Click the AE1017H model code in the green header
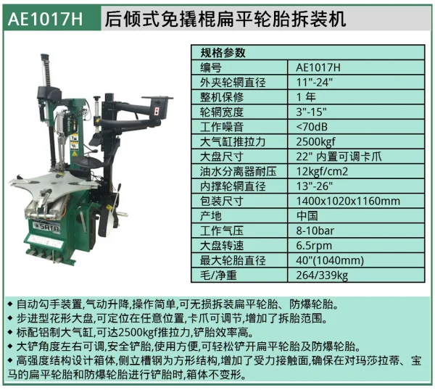click(x=45, y=19)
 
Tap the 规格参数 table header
click(x=223, y=52)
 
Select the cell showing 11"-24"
click(x=314, y=83)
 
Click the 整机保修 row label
click(x=222, y=97)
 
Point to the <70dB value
click(x=312, y=127)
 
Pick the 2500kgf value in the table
click(x=315, y=142)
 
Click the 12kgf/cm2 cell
click(x=322, y=171)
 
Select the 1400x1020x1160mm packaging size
click(x=348, y=201)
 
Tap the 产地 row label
click(x=211, y=216)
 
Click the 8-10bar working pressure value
click(x=315, y=231)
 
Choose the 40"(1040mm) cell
click(x=330, y=260)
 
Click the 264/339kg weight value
click(x=322, y=275)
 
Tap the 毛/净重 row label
click(x=218, y=275)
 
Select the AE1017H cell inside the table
click(x=318, y=67)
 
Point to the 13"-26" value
click(x=314, y=186)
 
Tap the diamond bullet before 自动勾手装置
click(x=10, y=304)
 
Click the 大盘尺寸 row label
click(x=222, y=157)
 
